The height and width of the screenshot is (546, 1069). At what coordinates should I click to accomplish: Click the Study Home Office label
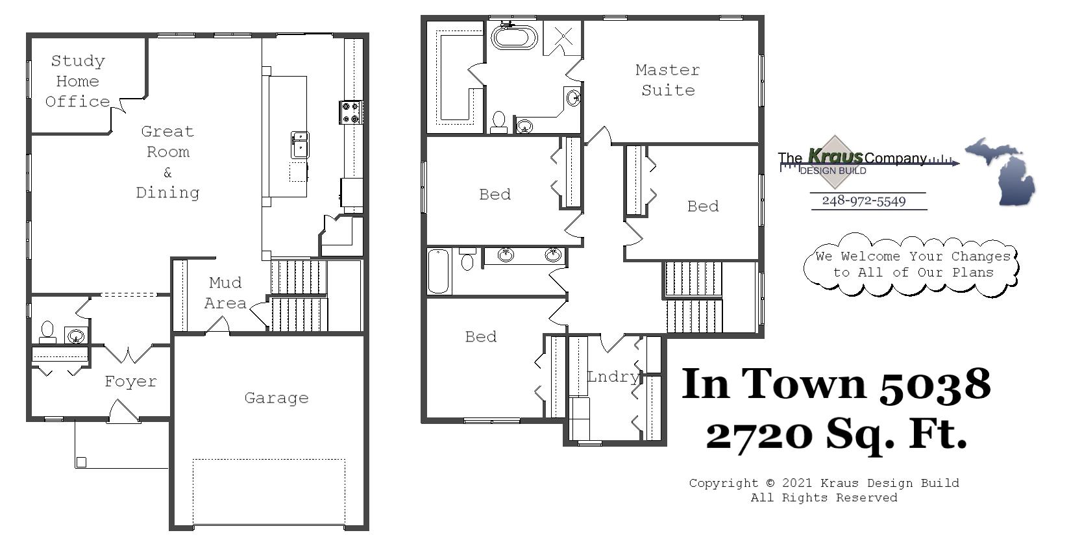[x=77, y=81]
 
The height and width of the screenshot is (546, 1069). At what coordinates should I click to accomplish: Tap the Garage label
[x=276, y=398]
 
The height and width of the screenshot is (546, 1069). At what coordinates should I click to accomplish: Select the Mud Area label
[x=225, y=293]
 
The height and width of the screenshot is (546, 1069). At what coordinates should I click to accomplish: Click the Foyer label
[x=130, y=382]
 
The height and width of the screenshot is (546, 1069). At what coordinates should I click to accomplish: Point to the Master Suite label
[x=667, y=80]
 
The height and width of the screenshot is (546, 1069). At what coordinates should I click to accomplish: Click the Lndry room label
[x=613, y=377]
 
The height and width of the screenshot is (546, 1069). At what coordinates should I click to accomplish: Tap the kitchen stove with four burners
[x=350, y=112]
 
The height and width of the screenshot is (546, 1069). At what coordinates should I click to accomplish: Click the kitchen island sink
[x=299, y=144]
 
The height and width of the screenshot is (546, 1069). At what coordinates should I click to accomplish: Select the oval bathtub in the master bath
[x=514, y=36]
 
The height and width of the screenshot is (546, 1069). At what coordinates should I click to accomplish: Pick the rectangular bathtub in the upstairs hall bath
[x=439, y=271]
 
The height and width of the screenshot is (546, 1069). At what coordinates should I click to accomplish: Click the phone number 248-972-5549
[x=863, y=201]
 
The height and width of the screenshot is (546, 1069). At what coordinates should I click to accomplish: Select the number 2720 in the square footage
[x=759, y=434]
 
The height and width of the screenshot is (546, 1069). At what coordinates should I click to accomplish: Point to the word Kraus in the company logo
[x=835, y=156]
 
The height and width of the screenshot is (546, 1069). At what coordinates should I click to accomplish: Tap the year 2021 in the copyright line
[x=798, y=483]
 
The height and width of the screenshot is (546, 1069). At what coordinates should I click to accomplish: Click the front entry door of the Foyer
[x=123, y=413]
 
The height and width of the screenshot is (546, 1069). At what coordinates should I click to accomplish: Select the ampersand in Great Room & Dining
[x=167, y=173]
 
